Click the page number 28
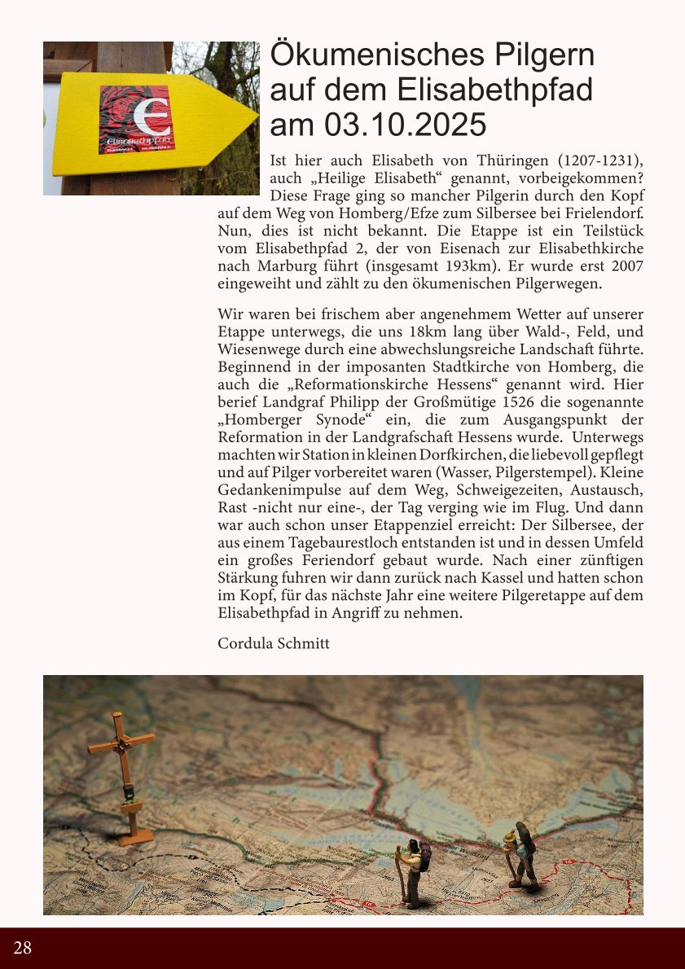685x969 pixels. tap(23, 947)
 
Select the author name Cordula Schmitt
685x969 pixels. tap(274, 643)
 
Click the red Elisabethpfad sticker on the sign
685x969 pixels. tap(136, 120)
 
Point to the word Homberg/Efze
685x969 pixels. tap(351, 214)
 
